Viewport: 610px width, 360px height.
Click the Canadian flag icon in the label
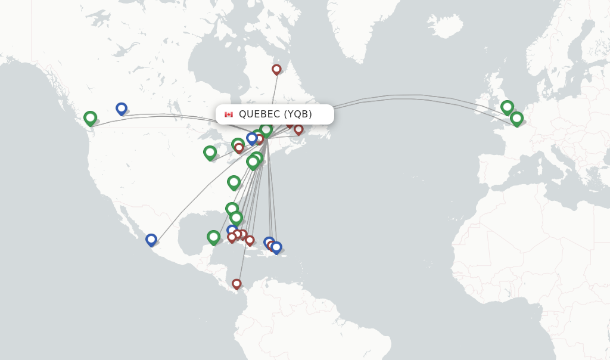click(229, 114)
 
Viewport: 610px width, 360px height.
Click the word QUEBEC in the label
click(259, 114)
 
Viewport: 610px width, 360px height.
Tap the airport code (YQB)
click(298, 114)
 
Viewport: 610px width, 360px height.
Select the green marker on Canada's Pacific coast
click(90, 118)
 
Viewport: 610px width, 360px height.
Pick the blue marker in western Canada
click(122, 108)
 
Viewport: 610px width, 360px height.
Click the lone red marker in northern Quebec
click(276, 69)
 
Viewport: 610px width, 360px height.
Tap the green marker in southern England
click(507, 107)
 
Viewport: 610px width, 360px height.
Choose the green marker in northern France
click(516, 119)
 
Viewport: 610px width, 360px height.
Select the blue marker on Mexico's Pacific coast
click(151, 240)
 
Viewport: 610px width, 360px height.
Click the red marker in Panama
click(236, 284)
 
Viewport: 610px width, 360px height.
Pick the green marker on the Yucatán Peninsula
click(213, 237)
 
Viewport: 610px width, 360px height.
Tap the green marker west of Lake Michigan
click(210, 153)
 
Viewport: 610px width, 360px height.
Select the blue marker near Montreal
click(252, 138)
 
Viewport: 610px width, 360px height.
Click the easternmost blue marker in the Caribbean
click(276, 247)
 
